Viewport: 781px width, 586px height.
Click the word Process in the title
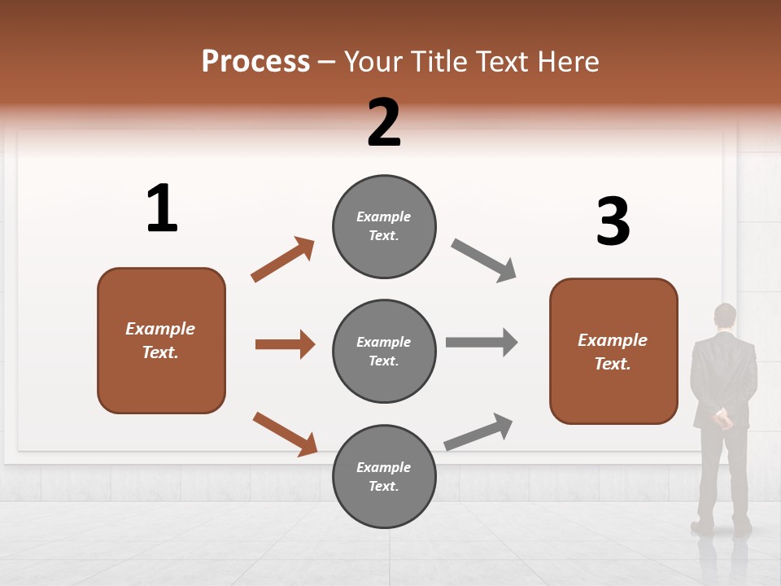pos(255,62)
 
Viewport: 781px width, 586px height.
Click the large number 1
pos(162,208)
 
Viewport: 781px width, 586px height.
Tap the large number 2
pos(384,122)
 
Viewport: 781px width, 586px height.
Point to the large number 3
pos(613,221)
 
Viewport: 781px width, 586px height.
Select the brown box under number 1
pos(161,340)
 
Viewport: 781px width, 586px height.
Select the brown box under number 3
pos(613,352)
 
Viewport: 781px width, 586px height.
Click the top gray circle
pos(384,226)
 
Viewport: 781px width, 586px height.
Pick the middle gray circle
pos(384,352)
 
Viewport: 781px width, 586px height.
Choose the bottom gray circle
pos(384,477)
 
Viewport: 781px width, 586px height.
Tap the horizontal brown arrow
pos(285,344)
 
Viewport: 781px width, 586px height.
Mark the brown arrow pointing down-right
pos(285,434)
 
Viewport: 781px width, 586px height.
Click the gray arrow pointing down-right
pos(483,260)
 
